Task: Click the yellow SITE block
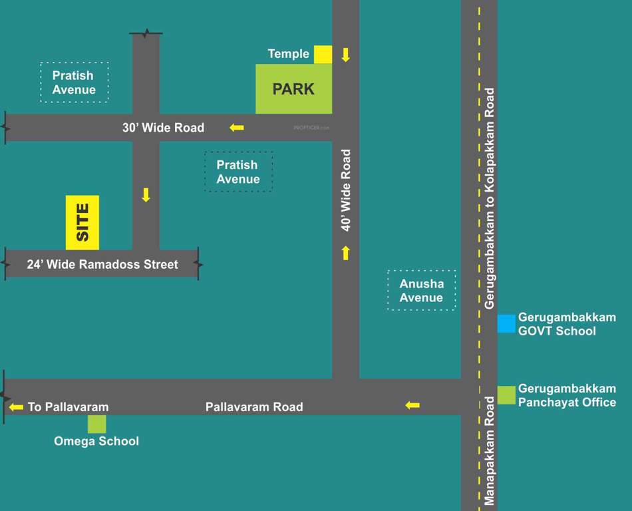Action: (82, 222)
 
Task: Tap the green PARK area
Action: (293, 88)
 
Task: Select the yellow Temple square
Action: (323, 55)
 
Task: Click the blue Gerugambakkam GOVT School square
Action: (506, 323)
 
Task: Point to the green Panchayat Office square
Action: (506, 395)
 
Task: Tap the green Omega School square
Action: (97, 424)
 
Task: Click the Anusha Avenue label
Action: (421, 291)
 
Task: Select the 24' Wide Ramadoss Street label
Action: (102, 264)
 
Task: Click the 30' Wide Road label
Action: (163, 127)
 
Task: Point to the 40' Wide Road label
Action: (346, 190)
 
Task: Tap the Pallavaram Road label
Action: (254, 407)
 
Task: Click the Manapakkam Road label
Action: (490, 450)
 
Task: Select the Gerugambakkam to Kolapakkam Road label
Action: (490, 198)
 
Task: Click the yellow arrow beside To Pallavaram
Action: (16, 407)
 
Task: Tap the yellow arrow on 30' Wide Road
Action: (236, 127)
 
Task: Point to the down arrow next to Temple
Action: (345, 55)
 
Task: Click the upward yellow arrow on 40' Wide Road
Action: (345, 253)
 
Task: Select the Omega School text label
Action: (96, 441)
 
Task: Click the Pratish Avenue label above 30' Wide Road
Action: (74, 83)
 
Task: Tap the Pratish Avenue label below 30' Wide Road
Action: (238, 172)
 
